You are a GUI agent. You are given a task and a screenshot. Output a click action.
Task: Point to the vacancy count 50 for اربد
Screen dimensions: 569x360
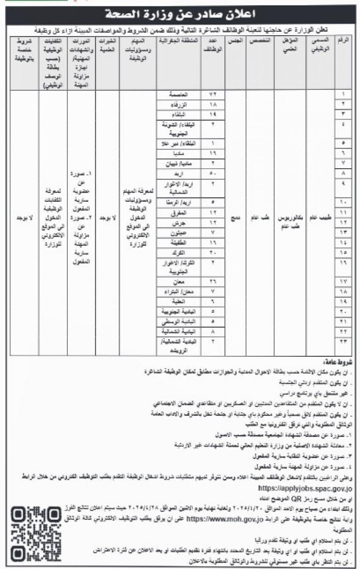click(x=213, y=174)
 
